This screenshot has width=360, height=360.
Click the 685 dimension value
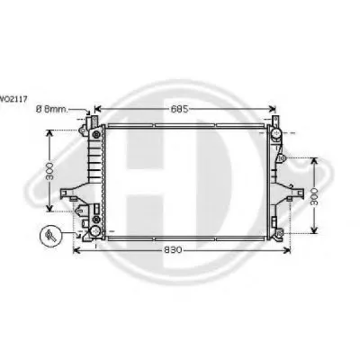tap(179, 109)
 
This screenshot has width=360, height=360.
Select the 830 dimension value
tap(173, 249)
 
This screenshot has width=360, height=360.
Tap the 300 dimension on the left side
tap(49, 171)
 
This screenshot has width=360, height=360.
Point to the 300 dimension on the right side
tap(314, 196)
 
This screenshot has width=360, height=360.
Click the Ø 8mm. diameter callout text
tap(52, 109)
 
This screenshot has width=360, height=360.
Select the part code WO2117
tap(13, 98)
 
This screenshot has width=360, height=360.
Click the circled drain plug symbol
tap(50, 236)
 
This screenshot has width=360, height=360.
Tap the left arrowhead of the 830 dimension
tap(77, 250)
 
